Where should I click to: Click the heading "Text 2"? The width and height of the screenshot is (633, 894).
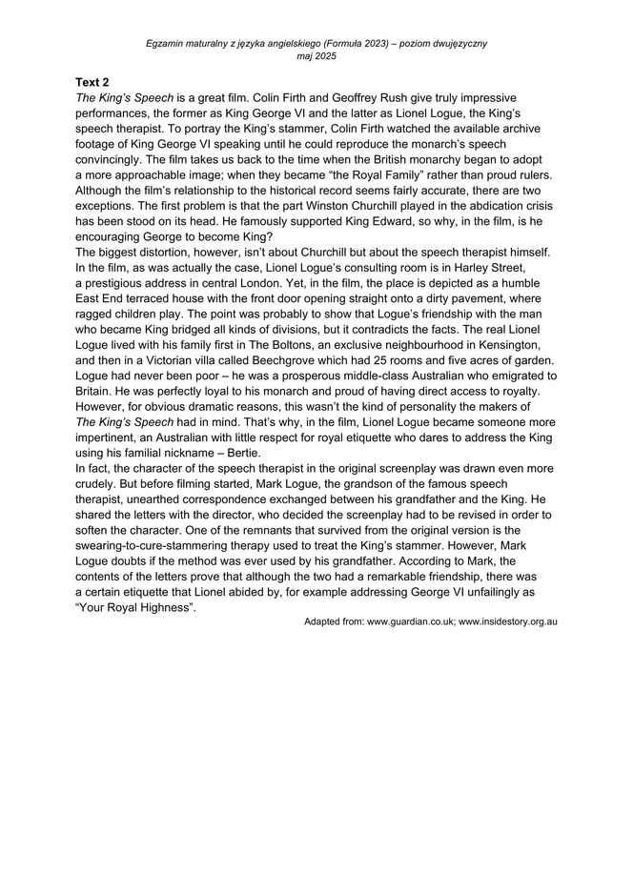tap(92, 83)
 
